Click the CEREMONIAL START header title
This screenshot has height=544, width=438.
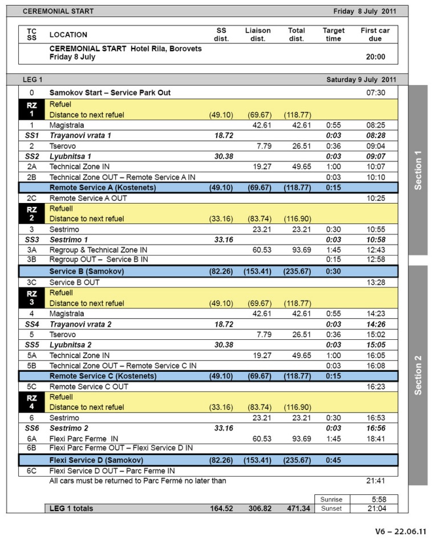coord(58,11)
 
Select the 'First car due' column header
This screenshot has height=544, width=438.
coord(375,35)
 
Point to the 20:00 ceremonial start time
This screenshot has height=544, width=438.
coord(375,57)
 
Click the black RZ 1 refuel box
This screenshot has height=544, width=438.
coord(32,109)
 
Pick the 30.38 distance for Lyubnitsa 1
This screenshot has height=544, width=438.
coord(224,156)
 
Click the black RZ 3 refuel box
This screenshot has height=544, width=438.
coord(32,298)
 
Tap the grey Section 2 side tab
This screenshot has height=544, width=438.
coord(418,375)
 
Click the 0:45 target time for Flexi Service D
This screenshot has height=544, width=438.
coord(334,460)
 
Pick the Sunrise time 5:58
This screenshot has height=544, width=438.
coord(375,500)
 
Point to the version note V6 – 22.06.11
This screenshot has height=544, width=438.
coord(400,531)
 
